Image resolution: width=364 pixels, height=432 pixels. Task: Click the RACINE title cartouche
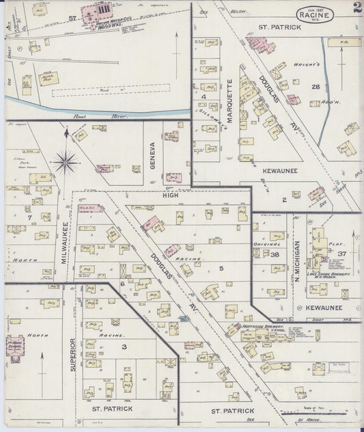pos(316,14)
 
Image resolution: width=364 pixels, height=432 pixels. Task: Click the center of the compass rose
pos(66,162)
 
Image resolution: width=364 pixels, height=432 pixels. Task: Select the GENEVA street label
pos(153,156)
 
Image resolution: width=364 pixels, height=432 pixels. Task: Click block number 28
pos(315,87)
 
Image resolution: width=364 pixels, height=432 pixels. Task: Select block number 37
pos(343,254)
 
